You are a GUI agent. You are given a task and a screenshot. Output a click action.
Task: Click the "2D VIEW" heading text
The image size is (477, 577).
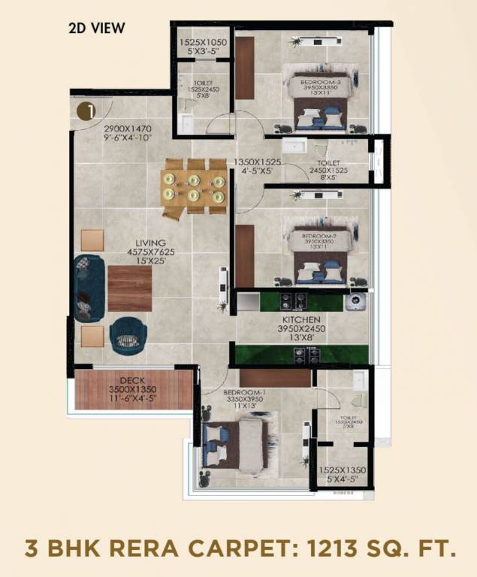point(96,29)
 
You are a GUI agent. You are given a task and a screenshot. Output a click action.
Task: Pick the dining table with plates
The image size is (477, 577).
point(194,188)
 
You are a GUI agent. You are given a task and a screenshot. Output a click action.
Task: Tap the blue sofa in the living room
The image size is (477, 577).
point(87,288)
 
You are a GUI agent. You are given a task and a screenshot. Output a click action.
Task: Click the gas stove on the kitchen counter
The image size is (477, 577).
point(293,301)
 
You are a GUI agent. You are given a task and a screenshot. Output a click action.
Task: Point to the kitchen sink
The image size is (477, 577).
point(355,301)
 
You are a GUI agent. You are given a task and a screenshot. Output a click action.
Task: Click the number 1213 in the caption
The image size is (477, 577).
point(328,545)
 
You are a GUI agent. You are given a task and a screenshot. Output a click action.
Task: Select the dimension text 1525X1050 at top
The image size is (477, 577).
point(201,42)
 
